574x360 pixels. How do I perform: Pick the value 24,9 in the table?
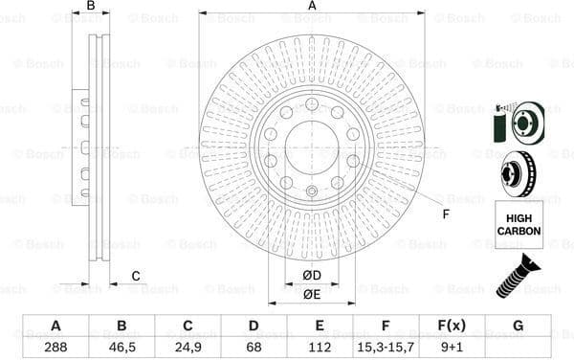pyautogui.click(x=187, y=347)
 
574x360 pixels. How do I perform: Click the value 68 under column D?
pyautogui.click(x=254, y=347)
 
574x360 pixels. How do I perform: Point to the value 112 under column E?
pyautogui.click(x=320, y=347)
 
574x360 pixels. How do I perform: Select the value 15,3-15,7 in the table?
pyautogui.click(x=386, y=347)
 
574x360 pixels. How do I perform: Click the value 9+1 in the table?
pyautogui.click(x=452, y=347)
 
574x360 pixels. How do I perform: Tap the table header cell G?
pyautogui.click(x=518, y=326)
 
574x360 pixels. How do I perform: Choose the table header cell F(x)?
pyautogui.click(x=452, y=326)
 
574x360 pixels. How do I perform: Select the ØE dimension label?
pyautogui.click(x=312, y=295)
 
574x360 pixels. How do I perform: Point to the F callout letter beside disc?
pyautogui.click(x=446, y=213)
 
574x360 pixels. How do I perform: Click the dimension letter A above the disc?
pyautogui.click(x=312, y=6)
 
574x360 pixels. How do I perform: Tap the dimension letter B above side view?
pyautogui.click(x=91, y=6)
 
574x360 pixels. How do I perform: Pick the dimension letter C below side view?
pyautogui.click(x=136, y=277)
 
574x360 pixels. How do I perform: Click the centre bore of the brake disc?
pyautogui.click(x=312, y=146)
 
